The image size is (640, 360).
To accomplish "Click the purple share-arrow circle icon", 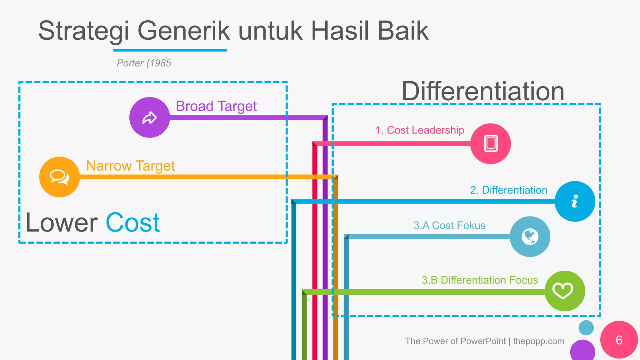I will pos(150,117).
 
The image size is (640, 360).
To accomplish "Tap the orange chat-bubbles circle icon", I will pos(59,177).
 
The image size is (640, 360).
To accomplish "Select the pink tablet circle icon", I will pos(491,144).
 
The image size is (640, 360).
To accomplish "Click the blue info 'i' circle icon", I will pos(575,202).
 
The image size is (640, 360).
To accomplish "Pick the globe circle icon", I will pos(530,237).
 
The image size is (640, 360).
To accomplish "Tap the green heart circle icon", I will pos(565,291).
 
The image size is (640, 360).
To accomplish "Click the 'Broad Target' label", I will pos(216,106).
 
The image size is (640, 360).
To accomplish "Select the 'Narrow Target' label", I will pos(130,166).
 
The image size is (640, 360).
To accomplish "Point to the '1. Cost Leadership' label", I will pos(420,130).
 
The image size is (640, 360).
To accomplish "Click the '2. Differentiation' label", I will pos(508,190).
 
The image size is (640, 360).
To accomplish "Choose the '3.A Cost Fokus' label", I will pos(449,225).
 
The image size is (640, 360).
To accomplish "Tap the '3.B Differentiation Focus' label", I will pos(480,280).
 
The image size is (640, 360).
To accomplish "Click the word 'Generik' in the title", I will pos(184,31).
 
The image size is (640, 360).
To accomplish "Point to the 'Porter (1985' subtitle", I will pos(144,63).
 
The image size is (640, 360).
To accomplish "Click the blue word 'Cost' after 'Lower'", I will pos(133,222).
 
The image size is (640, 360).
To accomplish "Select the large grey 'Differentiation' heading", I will pos(483,91).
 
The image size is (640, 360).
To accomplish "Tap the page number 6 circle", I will pos(619,340).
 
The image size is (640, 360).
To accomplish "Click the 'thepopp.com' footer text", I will pos(538,341).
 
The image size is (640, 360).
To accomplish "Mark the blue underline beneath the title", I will pos(170,50).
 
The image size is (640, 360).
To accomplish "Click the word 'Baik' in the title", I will pos(403,31).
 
